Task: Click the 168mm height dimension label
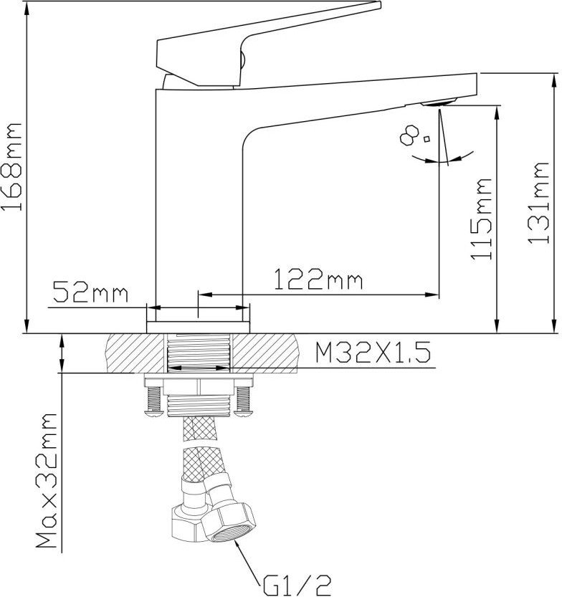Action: pyautogui.click(x=11, y=166)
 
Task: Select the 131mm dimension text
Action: pyautogui.click(x=538, y=203)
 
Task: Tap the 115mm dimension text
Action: pyautogui.click(x=481, y=219)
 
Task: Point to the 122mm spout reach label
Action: pyautogui.click(x=318, y=279)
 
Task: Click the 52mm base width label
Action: pyautogui.click(x=90, y=292)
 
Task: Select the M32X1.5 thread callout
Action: pyautogui.click(x=373, y=352)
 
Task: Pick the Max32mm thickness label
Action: pyautogui.click(x=47, y=480)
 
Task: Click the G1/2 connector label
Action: pyautogui.click(x=297, y=586)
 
